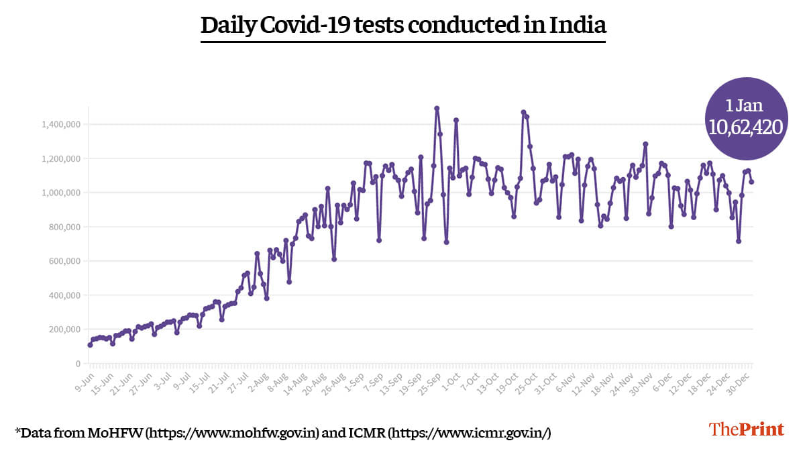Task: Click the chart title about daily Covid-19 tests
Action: (x=403, y=26)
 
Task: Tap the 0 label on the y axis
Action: (x=78, y=364)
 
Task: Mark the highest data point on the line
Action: (x=437, y=108)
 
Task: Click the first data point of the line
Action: (x=90, y=345)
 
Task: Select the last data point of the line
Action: (x=751, y=182)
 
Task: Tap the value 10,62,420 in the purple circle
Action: (x=745, y=127)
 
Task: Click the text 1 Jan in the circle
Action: (x=745, y=105)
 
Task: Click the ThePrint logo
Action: (x=746, y=430)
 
